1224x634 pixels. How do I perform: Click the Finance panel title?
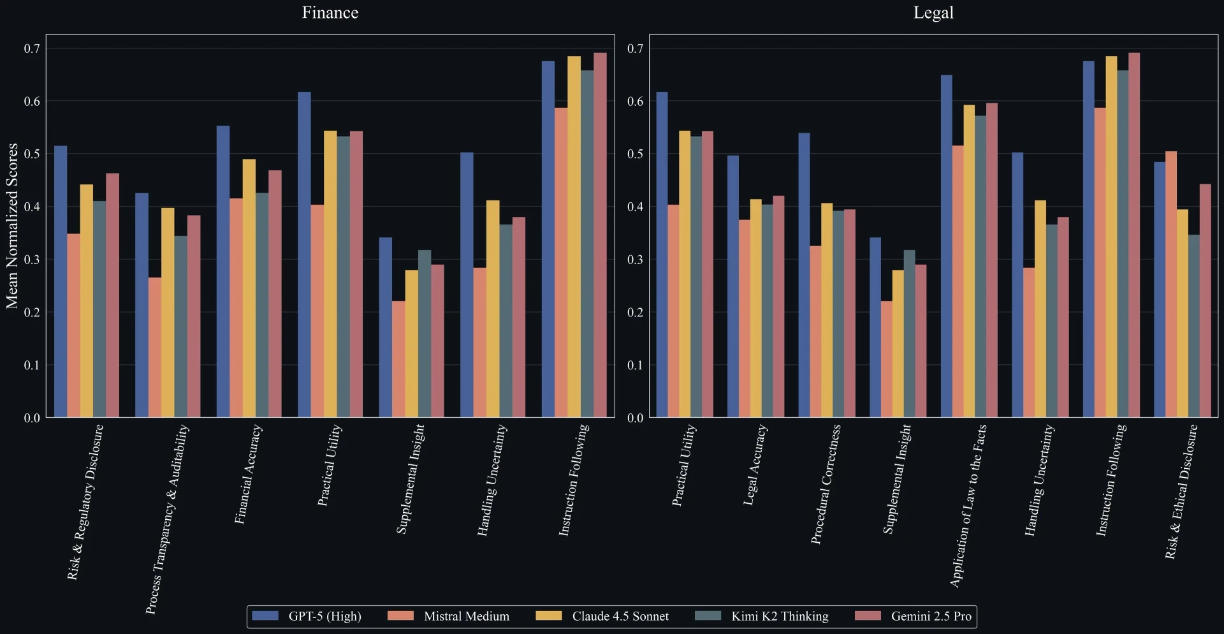(330, 13)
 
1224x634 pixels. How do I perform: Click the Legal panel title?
(933, 13)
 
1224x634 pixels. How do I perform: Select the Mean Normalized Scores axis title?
(12, 226)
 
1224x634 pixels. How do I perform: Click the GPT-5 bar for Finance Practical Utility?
(304, 255)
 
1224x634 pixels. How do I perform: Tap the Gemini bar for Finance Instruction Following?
(600, 235)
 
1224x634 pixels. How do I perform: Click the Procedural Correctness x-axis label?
(826, 485)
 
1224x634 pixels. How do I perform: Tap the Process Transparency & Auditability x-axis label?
(167, 519)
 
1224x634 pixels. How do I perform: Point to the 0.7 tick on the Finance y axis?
(32, 48)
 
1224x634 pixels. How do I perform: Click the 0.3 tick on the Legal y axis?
(635, 260)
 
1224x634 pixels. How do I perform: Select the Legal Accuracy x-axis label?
(755, 466)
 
